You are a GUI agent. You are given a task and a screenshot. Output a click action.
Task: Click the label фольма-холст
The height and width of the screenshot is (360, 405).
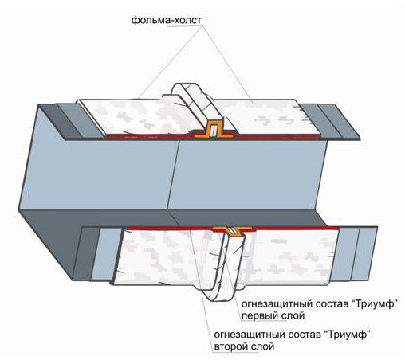[167, 20]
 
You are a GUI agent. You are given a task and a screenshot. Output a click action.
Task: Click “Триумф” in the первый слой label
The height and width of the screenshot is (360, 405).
[376, 304]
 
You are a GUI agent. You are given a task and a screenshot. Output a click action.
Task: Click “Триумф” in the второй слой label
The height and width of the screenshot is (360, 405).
[348, 335]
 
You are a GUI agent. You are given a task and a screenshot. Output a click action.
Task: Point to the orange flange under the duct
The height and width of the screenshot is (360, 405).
[232, 230]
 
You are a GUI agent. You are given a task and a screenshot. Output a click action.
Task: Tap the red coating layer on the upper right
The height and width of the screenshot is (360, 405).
[277, 136]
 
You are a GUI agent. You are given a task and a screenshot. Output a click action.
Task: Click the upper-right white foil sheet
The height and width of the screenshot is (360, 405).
[269, 117]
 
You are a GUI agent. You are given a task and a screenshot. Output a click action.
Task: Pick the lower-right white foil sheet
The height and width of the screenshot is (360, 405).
[289, 256]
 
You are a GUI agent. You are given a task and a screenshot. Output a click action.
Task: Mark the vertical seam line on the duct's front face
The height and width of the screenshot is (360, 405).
[173, 175]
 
